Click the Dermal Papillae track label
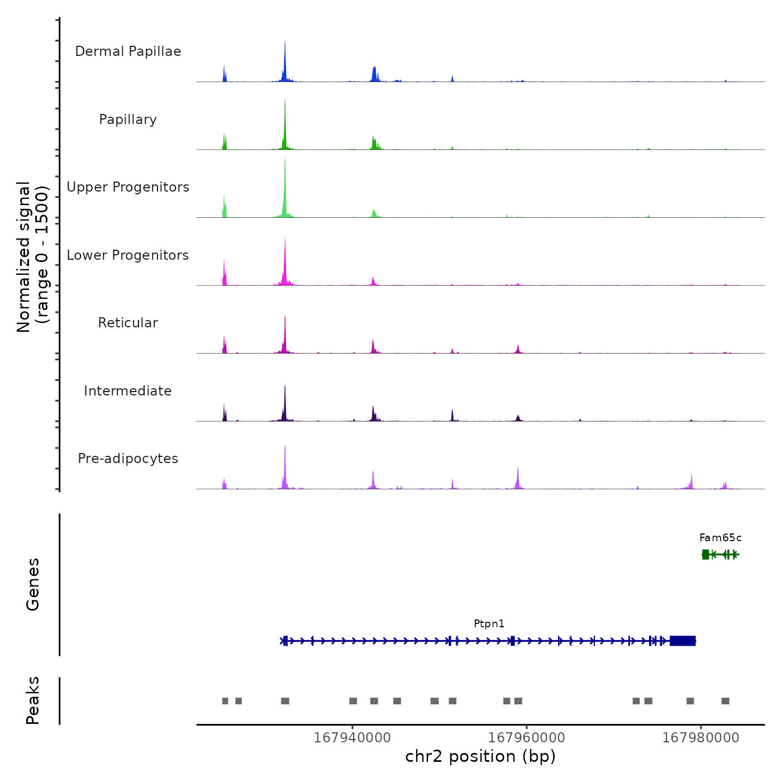(128, 51)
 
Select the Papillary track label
(128, 120)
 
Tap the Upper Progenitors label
(128, 187)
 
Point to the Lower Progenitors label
(128, 255)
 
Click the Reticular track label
(128, 323)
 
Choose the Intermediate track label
(128, 391)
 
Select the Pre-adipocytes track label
(128, 459)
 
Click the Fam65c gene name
(721, 538)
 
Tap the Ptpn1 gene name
(489, 624)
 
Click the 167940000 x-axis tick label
(352, 738)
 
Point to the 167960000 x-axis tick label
(527, 738)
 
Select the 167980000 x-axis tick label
(700, 738)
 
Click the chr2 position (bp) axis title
(480, 757)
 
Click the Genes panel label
(33, 584)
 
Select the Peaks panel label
(33, 700)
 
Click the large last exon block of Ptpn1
(683, 641)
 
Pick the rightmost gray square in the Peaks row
(725, 701)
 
